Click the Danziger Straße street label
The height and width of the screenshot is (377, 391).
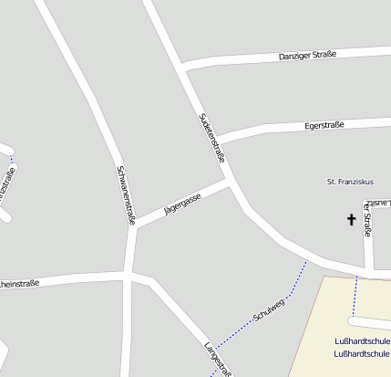[307, 56]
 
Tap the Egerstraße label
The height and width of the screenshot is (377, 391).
[324, 125]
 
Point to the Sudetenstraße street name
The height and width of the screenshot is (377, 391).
[211, 137]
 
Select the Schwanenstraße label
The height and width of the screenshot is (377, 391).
[127, 194]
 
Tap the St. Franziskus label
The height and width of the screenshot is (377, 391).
[351, 182]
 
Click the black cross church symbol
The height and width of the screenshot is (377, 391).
[351, 219]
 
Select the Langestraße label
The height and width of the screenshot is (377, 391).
[220, 359]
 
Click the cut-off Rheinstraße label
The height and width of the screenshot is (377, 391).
[18, 284]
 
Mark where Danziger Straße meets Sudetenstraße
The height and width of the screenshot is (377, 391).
[184, 68]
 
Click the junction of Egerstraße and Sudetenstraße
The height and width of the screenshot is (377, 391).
[217, 140]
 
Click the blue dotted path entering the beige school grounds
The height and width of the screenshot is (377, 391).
[355, 297]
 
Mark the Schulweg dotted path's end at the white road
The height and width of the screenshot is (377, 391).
[305, 261]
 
